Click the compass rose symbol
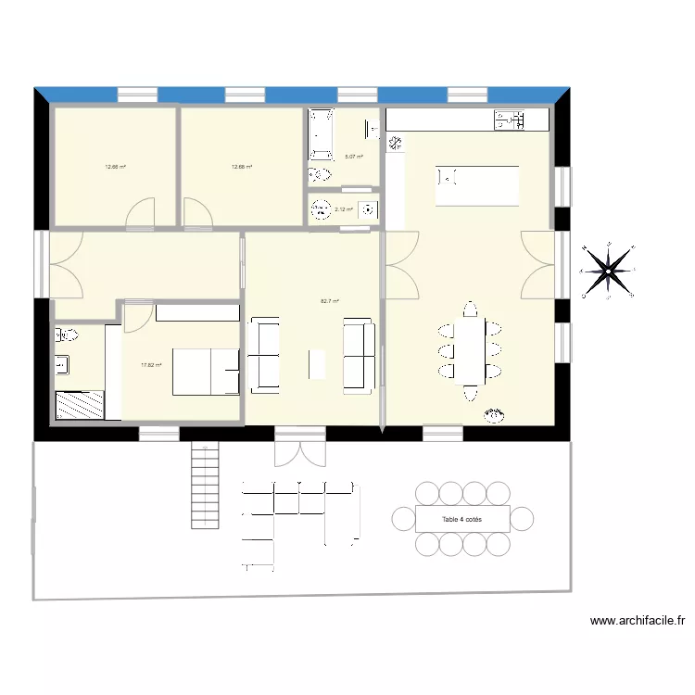click(609, 270)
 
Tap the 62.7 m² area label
click(330, 301)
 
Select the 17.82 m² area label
click(151, 365)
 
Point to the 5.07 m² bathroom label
click(354, 158)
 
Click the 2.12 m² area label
click(344, 209)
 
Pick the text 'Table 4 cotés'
click(462, 520)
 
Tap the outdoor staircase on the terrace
click(205, 486)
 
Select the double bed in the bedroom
click(207, 371)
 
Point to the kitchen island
click(477, 185)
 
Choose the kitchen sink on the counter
click(510, 119)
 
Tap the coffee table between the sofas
click(317, 362)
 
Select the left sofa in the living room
click(264, 354)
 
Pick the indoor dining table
click(472, 351)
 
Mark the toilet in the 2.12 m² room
click(322, 208)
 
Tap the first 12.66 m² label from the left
click(115, 168)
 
